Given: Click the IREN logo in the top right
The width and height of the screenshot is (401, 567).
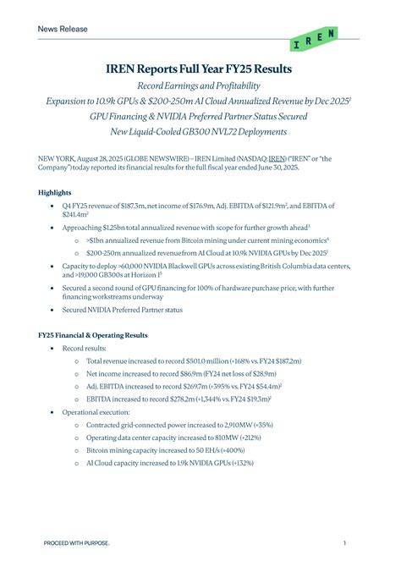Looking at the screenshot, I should [313, 39].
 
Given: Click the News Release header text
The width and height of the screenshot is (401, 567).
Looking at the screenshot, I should [62, 29].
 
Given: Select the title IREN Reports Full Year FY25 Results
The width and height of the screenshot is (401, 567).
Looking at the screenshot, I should [200, 67].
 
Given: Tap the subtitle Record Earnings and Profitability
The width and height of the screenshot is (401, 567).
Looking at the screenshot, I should [200, 86].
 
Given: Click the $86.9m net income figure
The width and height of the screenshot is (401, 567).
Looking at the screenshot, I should [190, 372].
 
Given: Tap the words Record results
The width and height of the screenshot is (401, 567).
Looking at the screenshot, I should [85, 348].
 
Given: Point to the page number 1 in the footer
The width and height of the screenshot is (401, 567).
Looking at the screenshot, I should [345, 542].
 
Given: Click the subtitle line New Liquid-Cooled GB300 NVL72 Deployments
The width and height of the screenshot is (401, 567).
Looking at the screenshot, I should [200, 131].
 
